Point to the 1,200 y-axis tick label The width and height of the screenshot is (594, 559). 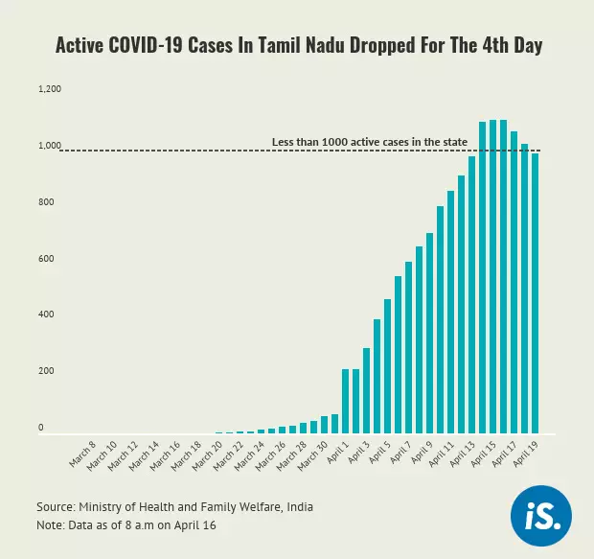(49, 89)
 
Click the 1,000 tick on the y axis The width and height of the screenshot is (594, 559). (49, 146)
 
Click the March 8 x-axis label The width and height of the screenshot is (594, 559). (83, 454)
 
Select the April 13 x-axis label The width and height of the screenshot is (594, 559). (462, 454)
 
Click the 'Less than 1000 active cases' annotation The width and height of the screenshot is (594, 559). (369, 142)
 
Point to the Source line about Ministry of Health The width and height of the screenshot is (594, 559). (174, 506)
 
